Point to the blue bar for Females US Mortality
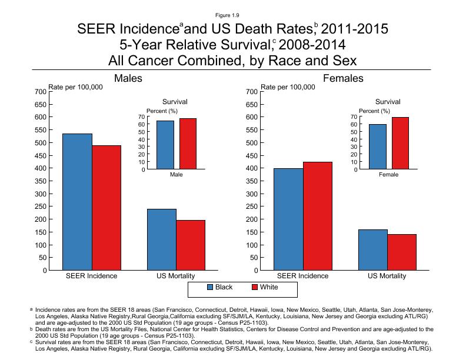pos(373,249)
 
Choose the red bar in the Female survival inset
pos(400,144)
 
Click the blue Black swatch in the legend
pos(210,288)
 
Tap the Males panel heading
pos(128,78)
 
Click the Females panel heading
pos(342,78)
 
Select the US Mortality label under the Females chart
pos(387,276)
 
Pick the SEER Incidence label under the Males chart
pos(92,276)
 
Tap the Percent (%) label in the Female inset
pos(374,111)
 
